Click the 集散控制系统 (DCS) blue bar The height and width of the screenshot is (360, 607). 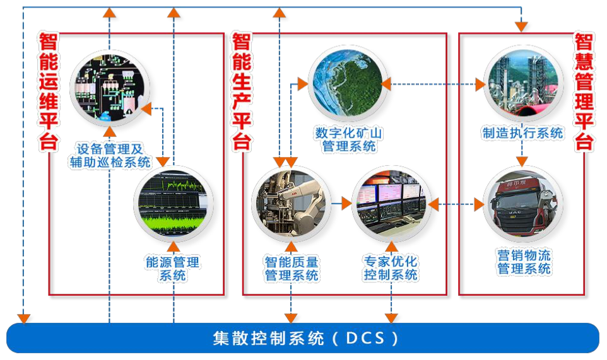[x=303, y=338]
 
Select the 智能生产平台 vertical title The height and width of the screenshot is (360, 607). [x=242, y=91]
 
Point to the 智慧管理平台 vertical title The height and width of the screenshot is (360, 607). [x=585, y=91]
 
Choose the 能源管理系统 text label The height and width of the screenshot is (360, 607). [x=172, y=269]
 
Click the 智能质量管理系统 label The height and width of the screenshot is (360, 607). [x=291, y=268]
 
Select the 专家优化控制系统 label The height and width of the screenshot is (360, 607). [x=391, y=268]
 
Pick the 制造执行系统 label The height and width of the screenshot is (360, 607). [x=522, y=133]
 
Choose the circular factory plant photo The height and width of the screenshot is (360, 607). [x=523, y=83]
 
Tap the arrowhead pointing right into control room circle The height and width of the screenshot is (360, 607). [x=346, y=204]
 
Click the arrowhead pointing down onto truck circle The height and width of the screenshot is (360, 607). [x=522, y=162]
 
